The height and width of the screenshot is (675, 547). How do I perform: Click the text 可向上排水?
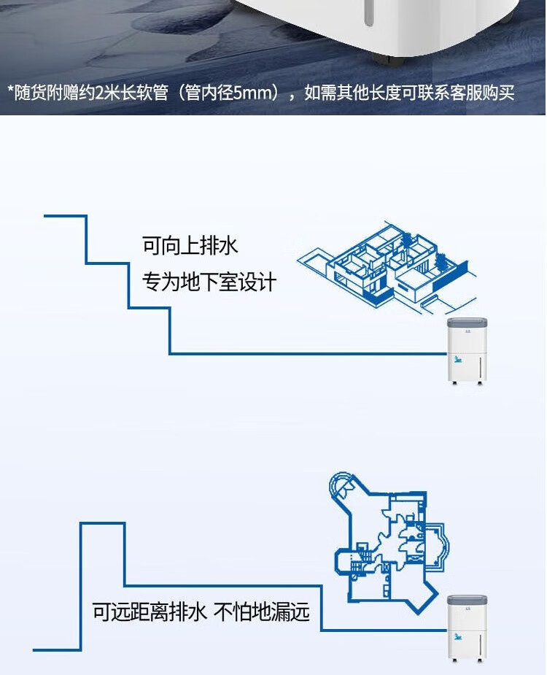point(190,246)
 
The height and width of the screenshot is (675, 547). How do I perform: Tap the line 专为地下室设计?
point(209,282)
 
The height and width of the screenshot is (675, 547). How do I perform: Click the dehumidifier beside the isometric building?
point(467,351)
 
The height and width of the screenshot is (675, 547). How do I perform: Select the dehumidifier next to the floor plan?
point(466,628)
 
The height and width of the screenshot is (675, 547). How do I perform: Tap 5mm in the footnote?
point(252,93)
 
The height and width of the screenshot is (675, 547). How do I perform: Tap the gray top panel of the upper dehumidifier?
point(467,325)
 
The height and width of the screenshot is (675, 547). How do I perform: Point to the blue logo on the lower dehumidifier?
point(457,636)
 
